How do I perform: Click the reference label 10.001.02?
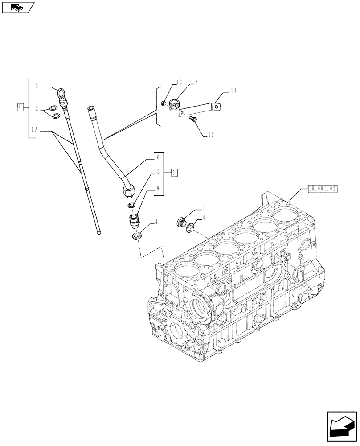(x=322, y=189)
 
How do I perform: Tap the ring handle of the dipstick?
(x=60, y=93)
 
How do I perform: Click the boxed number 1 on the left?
(x=20, y=107)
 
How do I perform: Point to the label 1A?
(x=35, y=129)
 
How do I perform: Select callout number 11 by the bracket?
(x=233, y=91)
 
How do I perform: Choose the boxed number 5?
(x=174, y=171)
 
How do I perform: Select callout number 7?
(x=203, y=208)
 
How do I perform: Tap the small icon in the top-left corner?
(x=18, y=7)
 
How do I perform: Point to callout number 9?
(x=157, y=189)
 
